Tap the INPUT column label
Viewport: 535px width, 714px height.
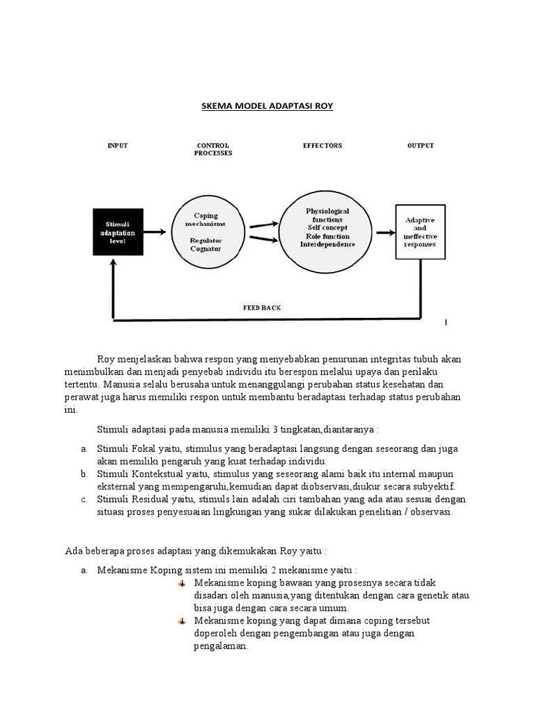[118, 146]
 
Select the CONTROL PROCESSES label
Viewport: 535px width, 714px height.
[213, 149]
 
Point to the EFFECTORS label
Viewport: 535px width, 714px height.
[323, 146]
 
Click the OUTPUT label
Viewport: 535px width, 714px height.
[420, 146]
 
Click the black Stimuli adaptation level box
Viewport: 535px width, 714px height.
[118, 232]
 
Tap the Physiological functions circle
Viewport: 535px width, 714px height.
[327, 228]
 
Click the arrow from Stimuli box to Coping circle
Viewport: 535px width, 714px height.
[157, 231]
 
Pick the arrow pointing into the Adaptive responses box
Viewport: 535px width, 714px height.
[384, 232]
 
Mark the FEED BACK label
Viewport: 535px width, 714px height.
[262, 307]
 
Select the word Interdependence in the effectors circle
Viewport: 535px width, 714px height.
[327, 245]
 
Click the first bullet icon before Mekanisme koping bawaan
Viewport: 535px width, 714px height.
[183, 582]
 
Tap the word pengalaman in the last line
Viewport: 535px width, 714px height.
[220, 646]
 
